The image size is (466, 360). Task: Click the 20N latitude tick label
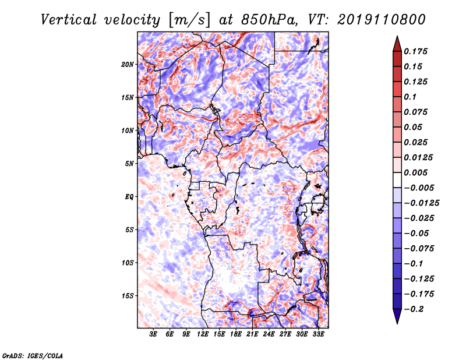pyautogui.click(x=128, y=64)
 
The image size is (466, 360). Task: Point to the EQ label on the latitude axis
pyautogui.click(x=129, y=196)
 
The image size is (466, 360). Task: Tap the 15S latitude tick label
pyautogui.click(x=128, y=295)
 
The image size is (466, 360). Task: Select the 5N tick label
pyautogui.click(x=129, y=163)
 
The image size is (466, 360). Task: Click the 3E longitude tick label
pyautogui.click(x=153, y=334)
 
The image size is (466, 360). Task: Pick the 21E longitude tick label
pyautogui.click(x=252, y=334)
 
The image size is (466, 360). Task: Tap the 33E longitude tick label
pyautogui.click(x=318, y=334)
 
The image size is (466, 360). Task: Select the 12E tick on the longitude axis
pyautogui.click(x=203, y=334)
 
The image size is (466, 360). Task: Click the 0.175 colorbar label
pyautogui.click(x=415, y=51)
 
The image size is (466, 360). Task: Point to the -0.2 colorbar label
pyautogui.click(x=414, y=309)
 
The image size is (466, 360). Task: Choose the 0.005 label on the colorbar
pyautogui.click(x=415, y=172)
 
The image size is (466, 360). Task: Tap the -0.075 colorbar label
pyautogui.click(x=419, y=248)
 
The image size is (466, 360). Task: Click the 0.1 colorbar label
pyautogui.click(x=410, y=97)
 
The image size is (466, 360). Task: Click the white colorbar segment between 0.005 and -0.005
pyautogui.click(x=397, y=180)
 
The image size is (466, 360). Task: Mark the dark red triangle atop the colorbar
pyautogui.click(x=397, y=44)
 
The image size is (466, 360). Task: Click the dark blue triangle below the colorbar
pyautogui.click(x=397, y=316)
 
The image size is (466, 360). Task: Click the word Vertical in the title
pyautogui.click(x=69, y=20)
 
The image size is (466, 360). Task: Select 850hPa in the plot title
pyautogui.click(x=269, y=20)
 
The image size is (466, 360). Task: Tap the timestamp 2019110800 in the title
pyautogui.click(x=382, y=20)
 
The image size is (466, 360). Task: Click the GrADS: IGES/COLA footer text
pyautogui.click(x=33, y=355)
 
